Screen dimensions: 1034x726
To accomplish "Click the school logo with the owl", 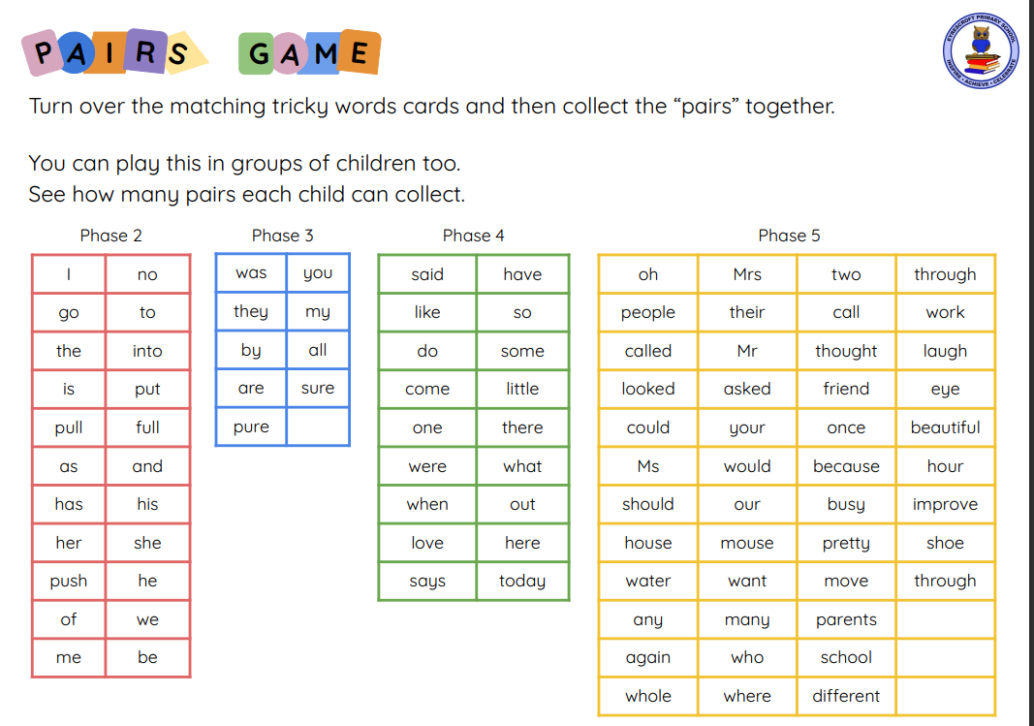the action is click(981, 50).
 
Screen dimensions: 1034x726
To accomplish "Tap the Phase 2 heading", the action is click(110, 236).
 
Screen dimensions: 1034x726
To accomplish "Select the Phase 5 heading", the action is click(789, 236).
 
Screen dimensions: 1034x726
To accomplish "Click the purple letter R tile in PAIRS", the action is click(145, 50).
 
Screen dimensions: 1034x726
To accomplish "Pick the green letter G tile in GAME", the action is click(257, 53).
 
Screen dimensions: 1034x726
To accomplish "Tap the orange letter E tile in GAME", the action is click(360, 51).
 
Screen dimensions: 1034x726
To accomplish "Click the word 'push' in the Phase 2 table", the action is click(69, 581).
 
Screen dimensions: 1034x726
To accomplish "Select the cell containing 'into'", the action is click(147, 351).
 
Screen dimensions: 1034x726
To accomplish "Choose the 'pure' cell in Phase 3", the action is click(251, 426).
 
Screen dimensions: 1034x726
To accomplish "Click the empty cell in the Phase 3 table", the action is click(318, 426).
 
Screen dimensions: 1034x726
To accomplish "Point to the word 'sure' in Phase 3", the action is click(318, 388).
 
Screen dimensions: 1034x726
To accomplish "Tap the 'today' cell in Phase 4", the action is click(522, 581).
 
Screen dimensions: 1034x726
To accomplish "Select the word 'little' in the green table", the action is click(522, 389).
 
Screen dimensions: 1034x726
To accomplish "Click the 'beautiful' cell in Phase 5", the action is click(945, 427).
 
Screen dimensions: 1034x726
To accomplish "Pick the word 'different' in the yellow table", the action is click(846, 696).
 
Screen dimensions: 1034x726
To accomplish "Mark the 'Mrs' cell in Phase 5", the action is click(747, 274).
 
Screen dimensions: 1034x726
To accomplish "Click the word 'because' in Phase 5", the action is click(846, 466).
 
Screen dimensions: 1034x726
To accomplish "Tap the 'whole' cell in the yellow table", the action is click(648, 696).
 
